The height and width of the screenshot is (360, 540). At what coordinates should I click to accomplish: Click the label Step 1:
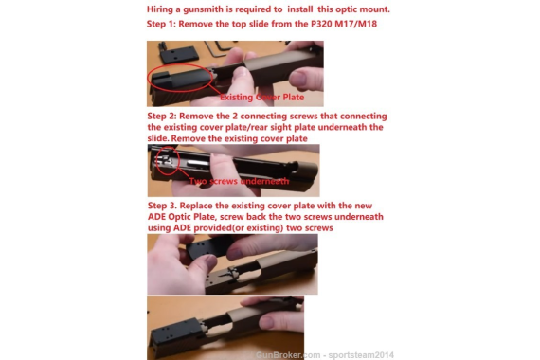(x=161, y=24)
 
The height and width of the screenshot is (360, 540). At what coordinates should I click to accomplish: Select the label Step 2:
(x=162, y=117)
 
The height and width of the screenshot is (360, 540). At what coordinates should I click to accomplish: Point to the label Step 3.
(x=162, y=206)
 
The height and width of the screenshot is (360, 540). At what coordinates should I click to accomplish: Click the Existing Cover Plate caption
(x=261, y=98)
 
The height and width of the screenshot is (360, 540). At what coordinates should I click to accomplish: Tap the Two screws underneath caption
(x=239, y=181)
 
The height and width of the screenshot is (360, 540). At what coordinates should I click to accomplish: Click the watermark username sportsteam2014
(x=361, y=355)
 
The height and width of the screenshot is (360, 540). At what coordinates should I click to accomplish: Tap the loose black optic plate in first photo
(x=179, y=54)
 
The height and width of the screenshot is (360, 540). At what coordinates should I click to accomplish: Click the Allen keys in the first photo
(x=221, y=48)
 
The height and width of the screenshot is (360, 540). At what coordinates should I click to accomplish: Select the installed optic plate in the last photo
(x=175, y=333)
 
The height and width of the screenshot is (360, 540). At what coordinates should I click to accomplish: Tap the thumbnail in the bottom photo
(x=267, y=323)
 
